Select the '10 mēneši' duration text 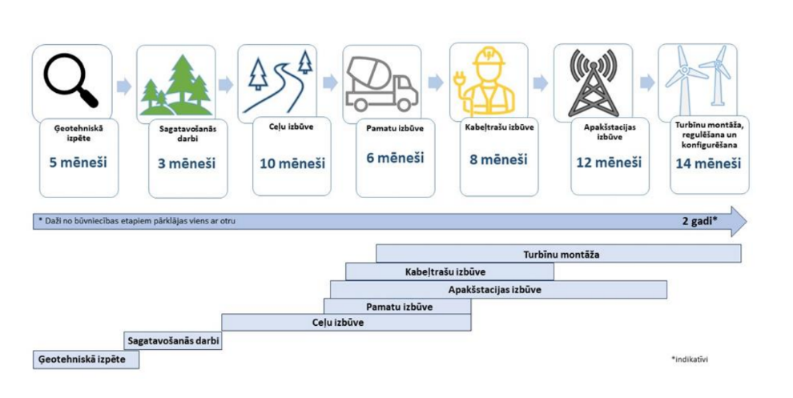pyautogui.click(x=292, y=163)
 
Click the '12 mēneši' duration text pyautogui.click(x=609, y=163)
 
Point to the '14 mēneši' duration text pyautogui.click(x=707, y=163)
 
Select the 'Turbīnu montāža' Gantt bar pyautogui.click(x=558, y=254)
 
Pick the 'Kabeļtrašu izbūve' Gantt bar pyautogui.click(x=449, y=271)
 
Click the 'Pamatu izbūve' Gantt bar pyautogui.click(x=397, y=307)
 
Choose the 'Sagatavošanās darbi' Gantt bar pyautogui.click(x=173, y=340)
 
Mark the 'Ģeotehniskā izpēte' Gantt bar pyautogui.click(x=85, y=360)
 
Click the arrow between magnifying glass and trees pyautogui.click(x=123, y=84)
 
